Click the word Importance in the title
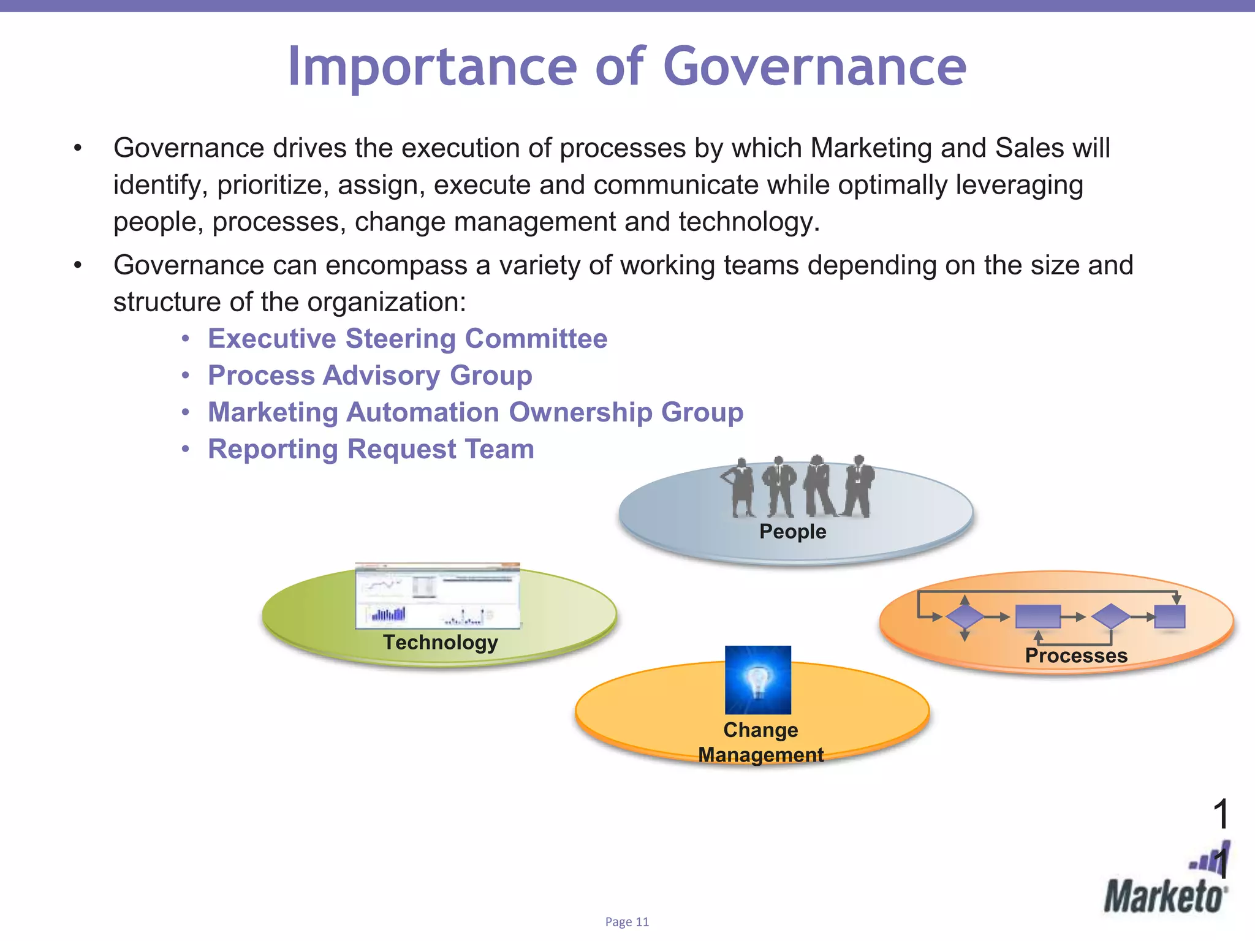pos(432,67)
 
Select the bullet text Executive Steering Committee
pos(408,339)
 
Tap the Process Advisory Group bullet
pos(370,376)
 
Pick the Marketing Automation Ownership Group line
pos(476,412)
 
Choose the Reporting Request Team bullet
pos(371,449)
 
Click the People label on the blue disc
pos(792,531)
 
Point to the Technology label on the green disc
pos(440,642)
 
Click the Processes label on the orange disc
pos(1076,656)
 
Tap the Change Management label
pos(760,743)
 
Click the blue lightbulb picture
pos(758,680)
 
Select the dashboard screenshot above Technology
pos(438,595)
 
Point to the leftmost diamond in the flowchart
pos(965,617)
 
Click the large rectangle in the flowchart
pos(1037,616)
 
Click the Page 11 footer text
pos(627,922)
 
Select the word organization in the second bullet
pos(386,302)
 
